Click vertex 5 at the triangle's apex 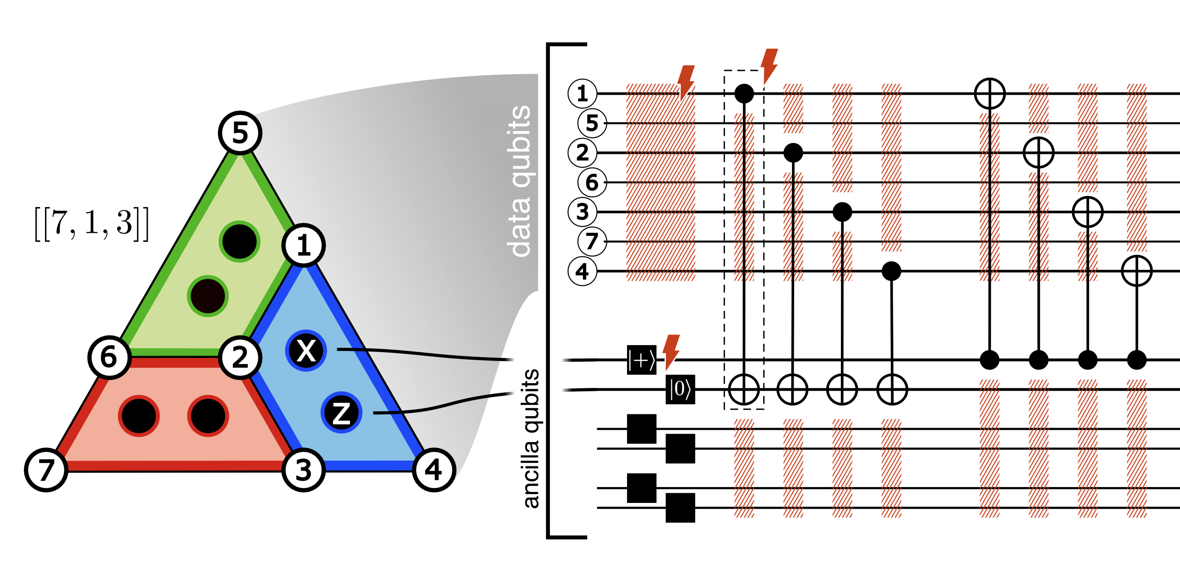[240, 133]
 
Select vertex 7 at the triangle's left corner [46, 470]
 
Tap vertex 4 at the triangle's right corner [433, 470]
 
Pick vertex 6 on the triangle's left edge [109, 357]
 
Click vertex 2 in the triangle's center [240, 357]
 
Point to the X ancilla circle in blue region [306, 351]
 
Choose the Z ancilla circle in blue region [341, 413]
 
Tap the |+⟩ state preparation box [641, 361]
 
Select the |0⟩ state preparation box [680, 390]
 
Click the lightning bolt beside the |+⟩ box [671, 351]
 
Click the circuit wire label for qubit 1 [582, 93]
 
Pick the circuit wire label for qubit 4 [582, 272]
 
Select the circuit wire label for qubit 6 [592, 182]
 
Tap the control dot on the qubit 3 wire [842, 212]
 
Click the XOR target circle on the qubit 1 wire [990, 93]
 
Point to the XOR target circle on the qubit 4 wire [1136, 272]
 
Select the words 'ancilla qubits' [531, 438]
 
